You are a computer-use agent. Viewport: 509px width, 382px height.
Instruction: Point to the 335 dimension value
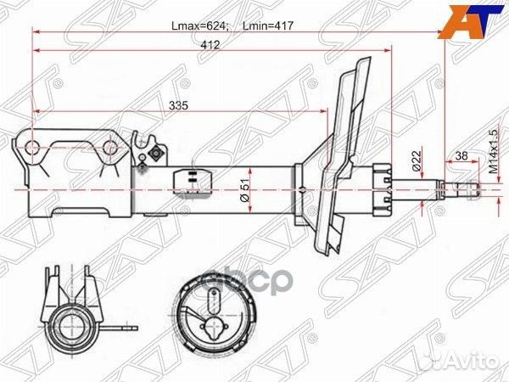point(176,104)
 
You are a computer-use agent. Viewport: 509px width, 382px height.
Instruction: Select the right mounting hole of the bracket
point(109,150)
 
